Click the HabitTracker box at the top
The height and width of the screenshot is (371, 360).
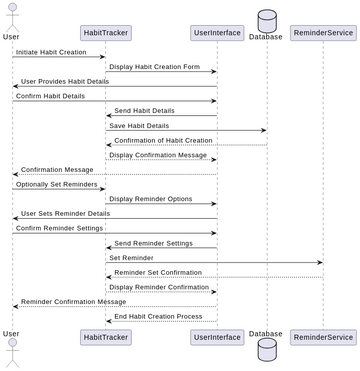pos(106,33)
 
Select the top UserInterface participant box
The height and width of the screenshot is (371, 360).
pos(216,33)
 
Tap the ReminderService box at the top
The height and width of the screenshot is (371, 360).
pos(322,33)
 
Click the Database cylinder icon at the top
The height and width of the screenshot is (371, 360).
pos(266,19)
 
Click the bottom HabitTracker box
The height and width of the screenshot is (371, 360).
pos(106,337)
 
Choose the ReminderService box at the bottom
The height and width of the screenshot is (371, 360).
pos(322,337)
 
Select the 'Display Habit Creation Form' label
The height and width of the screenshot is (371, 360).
pos(155,67)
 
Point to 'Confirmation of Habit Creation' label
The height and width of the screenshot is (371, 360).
pos(163,140)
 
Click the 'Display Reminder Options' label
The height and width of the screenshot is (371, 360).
pos(151,198)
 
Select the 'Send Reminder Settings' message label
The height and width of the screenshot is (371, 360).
pos(154,242)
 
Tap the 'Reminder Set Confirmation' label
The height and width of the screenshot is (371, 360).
pos(158,272)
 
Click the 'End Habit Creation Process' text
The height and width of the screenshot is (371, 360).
pos(158,315)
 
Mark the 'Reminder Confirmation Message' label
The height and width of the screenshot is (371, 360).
pos(74,301)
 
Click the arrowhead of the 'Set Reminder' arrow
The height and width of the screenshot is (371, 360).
pos(319,263)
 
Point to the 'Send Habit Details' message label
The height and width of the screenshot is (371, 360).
pos(144,110)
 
